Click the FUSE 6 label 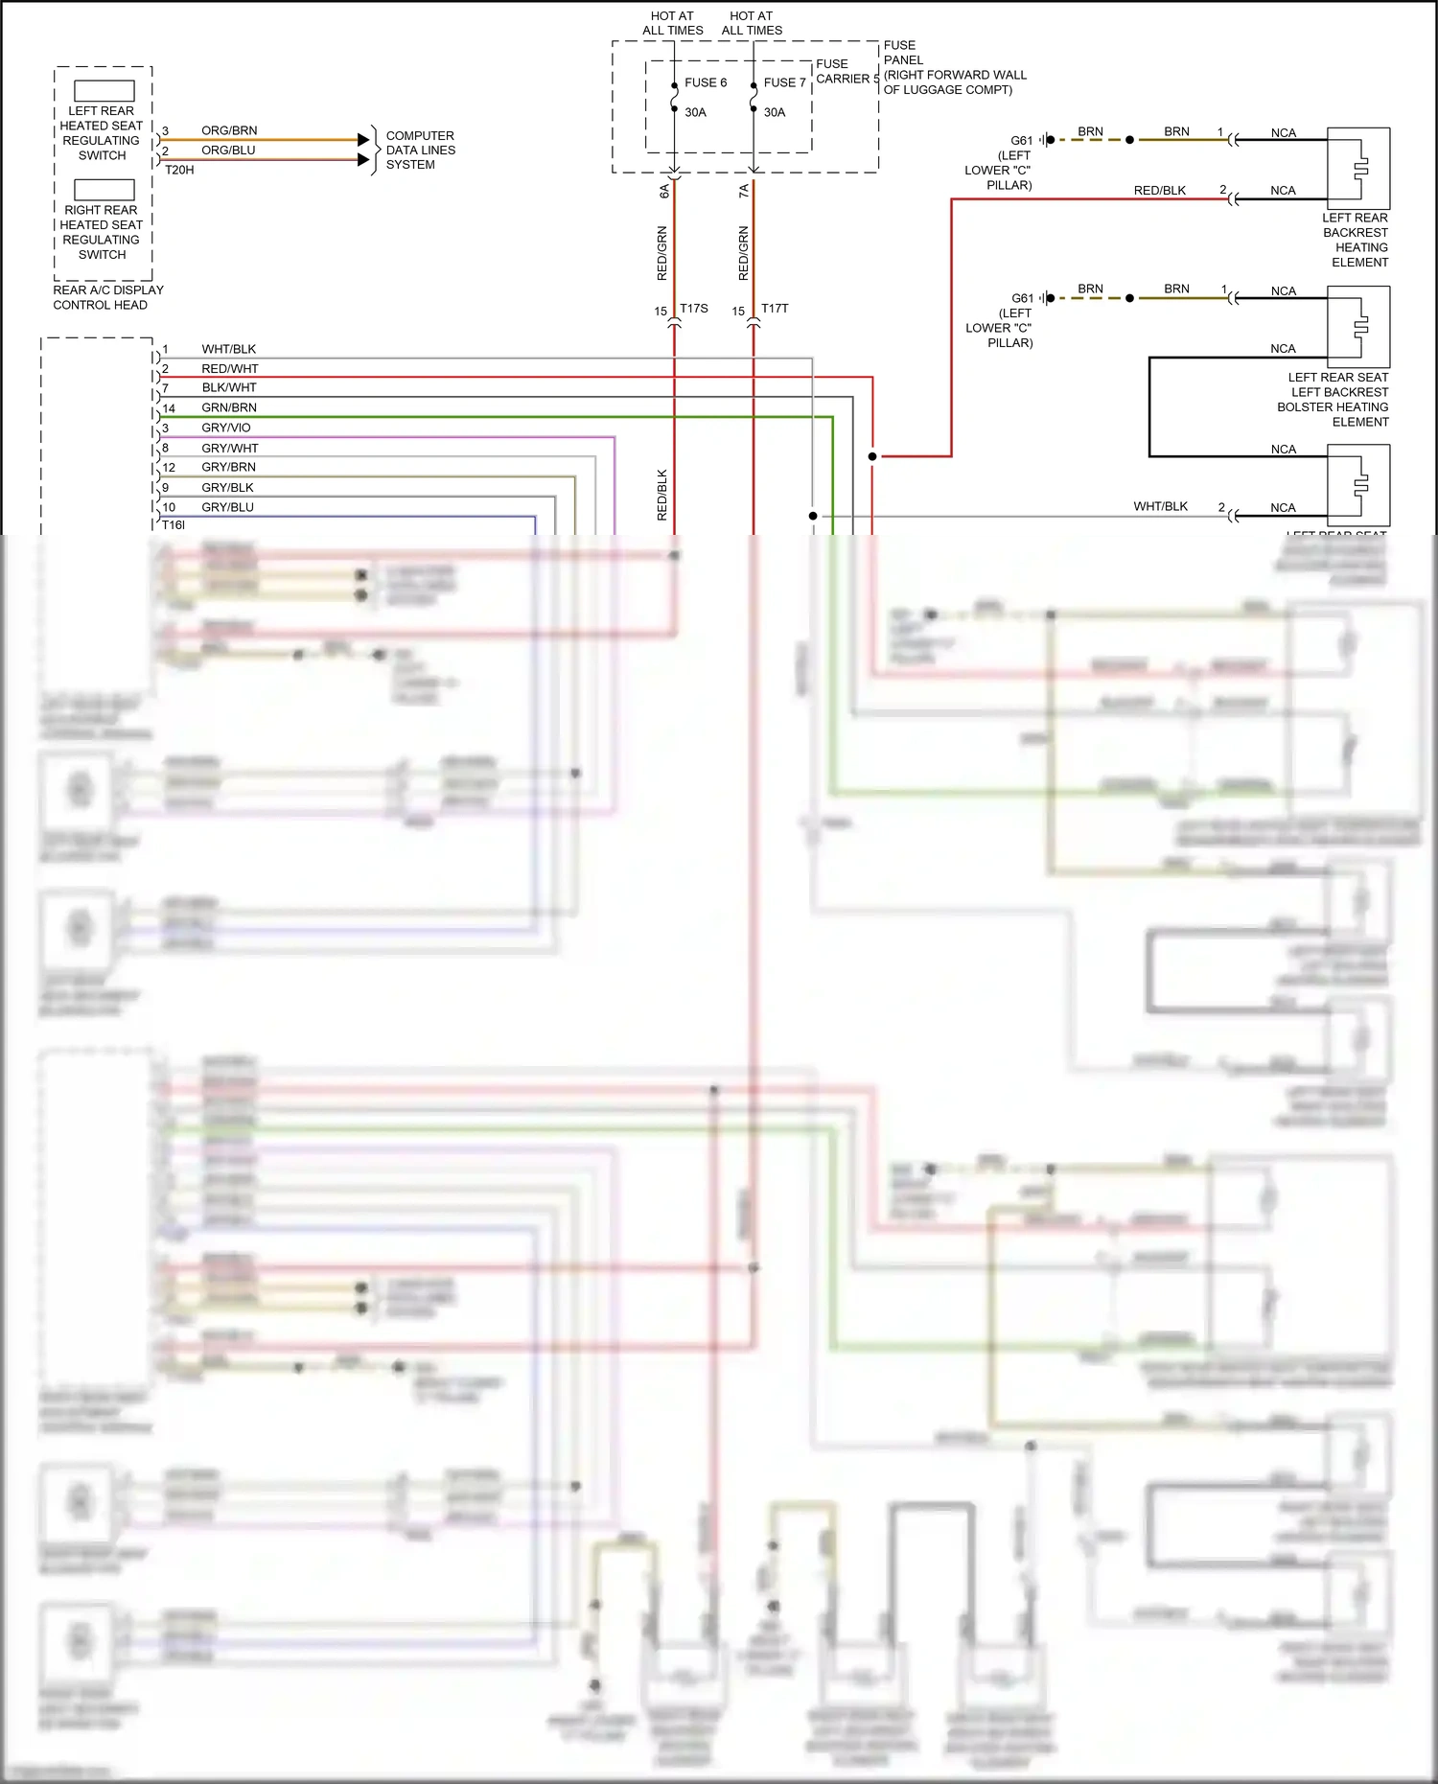pos(706,82)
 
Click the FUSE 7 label pos(784,82)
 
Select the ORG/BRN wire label pos(229,130)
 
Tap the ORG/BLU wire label pos(228,151)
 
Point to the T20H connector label pos(179,170)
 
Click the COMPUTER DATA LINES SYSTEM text pos(420,151)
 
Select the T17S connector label pos(694,309)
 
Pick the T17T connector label pos(775,309)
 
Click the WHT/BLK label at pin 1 pos(229,349)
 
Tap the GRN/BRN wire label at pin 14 pos(229,407)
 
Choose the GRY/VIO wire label pos(226,428)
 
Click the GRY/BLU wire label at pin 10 pos(228,507)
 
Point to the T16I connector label pos(174,525)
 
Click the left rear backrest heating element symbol pos(1358,168)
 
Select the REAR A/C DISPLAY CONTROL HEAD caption pos(107,297)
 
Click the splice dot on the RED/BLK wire pos(872,456)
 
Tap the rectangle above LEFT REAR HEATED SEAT pos(104,91)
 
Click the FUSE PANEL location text pos(954,67)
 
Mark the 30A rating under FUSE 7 pos(775,112)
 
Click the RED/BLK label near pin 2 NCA pos(1160,191)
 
